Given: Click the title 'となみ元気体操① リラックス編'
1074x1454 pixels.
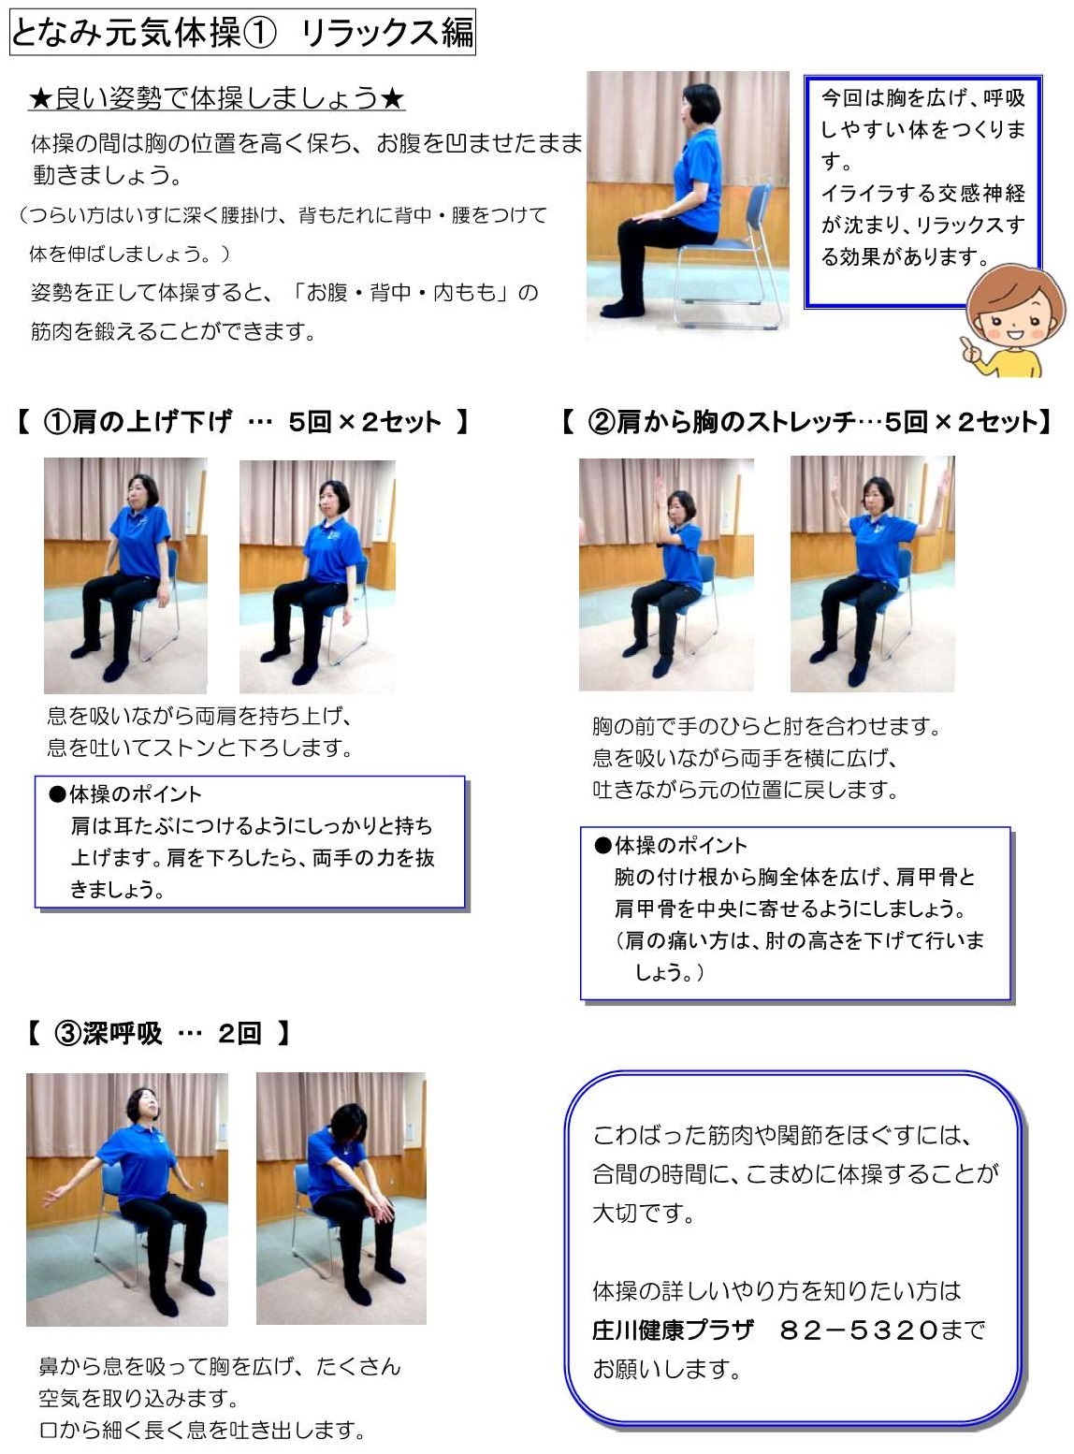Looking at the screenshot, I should click(241, 32).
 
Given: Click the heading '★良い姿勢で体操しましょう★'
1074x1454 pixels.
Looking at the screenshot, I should click(217, 97).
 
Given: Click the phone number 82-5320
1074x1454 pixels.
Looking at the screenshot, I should click(858, 1329).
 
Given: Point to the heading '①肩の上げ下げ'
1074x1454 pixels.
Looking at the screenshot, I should click(138, 422).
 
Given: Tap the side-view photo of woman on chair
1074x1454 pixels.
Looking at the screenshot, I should click(688, 201).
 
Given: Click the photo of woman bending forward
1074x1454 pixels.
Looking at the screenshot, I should click(341, 1198).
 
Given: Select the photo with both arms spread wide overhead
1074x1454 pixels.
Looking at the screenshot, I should click(872, 574).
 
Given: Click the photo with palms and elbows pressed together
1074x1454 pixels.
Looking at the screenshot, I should click(666, 574).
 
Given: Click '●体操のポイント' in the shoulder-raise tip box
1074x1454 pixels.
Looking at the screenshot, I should click(126, 794).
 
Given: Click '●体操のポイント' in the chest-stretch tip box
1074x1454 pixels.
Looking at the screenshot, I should click(672, 846).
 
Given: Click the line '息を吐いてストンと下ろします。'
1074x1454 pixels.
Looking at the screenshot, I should click(199, 749).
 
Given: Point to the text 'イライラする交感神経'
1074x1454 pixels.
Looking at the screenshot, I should click(922, 194).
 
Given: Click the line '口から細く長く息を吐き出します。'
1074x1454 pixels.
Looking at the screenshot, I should click(201, 1431).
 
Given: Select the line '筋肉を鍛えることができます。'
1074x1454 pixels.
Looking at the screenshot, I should click(173, 331).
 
